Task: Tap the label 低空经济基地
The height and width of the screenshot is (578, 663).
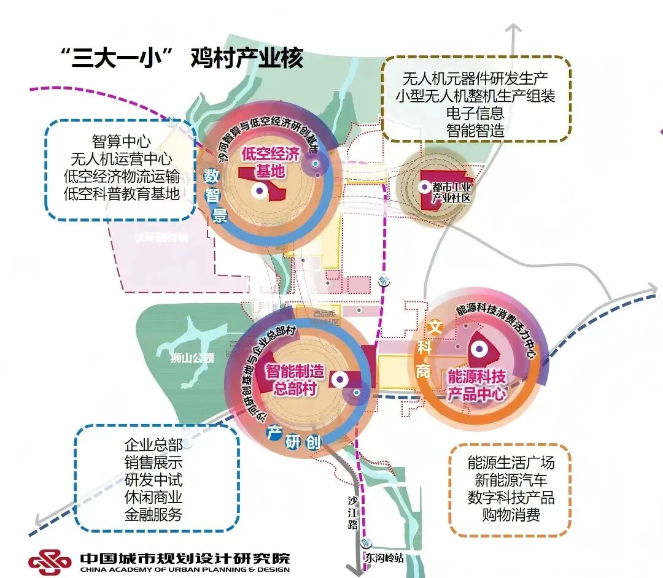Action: pyautogui.click(x=270, y=162)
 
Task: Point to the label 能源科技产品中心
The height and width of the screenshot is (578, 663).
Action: pyautogui.click(x=476, y=384)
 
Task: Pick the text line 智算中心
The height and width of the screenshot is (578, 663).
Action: pyautogui.click(x=121, y=141)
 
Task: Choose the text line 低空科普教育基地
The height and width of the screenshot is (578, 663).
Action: pyautogui.click(x=121, y=194)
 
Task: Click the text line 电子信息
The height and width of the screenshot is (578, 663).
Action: pyautogui.click(x=476, y=113)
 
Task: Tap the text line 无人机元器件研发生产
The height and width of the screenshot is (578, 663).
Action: pyautogui.click(x=476, y=78)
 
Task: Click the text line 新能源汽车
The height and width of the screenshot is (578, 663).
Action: pyautogui.click(x=511, y=479)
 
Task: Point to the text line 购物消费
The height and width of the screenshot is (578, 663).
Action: pyautogui.click(x=511, y=514)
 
